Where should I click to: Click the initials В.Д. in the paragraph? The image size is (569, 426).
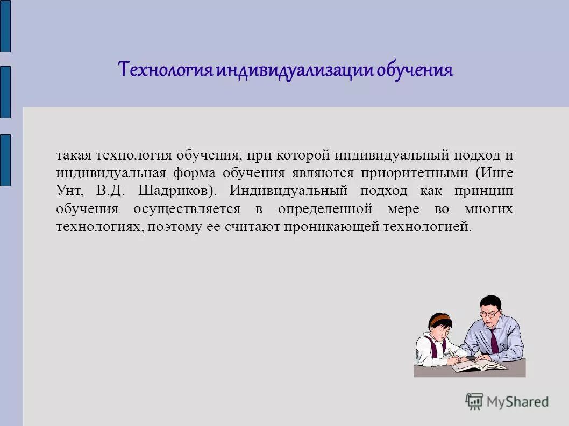click(x=110, y=191)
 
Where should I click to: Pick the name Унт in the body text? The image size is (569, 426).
click(x=69, y=191)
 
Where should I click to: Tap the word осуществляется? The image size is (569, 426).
click(x=186, y=208)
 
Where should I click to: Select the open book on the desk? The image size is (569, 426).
click(x=478, y=366)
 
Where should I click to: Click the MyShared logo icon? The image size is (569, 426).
click(x=474, y=401)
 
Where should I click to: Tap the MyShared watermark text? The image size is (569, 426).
click(x=517, y=401)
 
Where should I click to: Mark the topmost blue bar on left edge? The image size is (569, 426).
click(x=5, y=26)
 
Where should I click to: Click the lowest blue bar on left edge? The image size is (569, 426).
click(x=5, y=160)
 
